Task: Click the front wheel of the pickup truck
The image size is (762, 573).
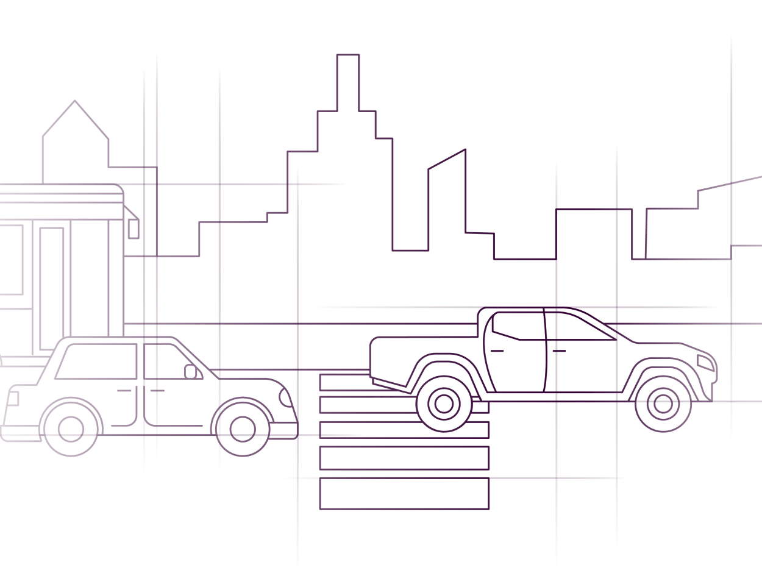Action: click(x=662, y=404)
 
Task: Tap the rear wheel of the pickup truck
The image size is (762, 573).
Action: click(x=444, y=404)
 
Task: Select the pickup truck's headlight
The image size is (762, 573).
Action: click(x=707, y=363)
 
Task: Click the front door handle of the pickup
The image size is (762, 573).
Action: click(x=558, y=351)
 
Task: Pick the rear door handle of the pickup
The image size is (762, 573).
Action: click(x=498, y=351)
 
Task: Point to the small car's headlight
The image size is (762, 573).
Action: click(x=285, y=397)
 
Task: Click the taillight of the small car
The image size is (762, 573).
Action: click(x=12, y=399)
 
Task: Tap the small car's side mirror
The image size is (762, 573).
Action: click(x=191, y=371)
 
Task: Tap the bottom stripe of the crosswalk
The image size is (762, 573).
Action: click(x=404, y=494)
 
